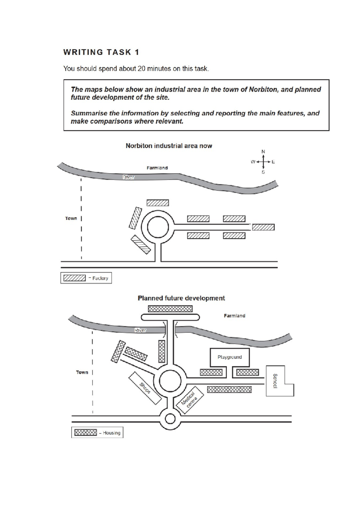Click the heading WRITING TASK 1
pos(101,52)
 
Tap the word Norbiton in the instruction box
pos(263,89)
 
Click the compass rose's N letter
pos(263,152)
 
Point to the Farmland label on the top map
pos(157,168)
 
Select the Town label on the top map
pos(71,218)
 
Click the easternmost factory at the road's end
pos(263,227)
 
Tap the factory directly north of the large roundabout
pos(157,203)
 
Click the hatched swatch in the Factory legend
pos(74,278)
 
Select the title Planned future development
pos(181,298)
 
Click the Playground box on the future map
pos(229,357)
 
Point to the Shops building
pos(145,388)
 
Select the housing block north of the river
pos(170,309)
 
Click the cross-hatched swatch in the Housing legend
pos(85,432)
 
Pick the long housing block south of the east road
pos(229,390)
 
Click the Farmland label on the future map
pos(234,316)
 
